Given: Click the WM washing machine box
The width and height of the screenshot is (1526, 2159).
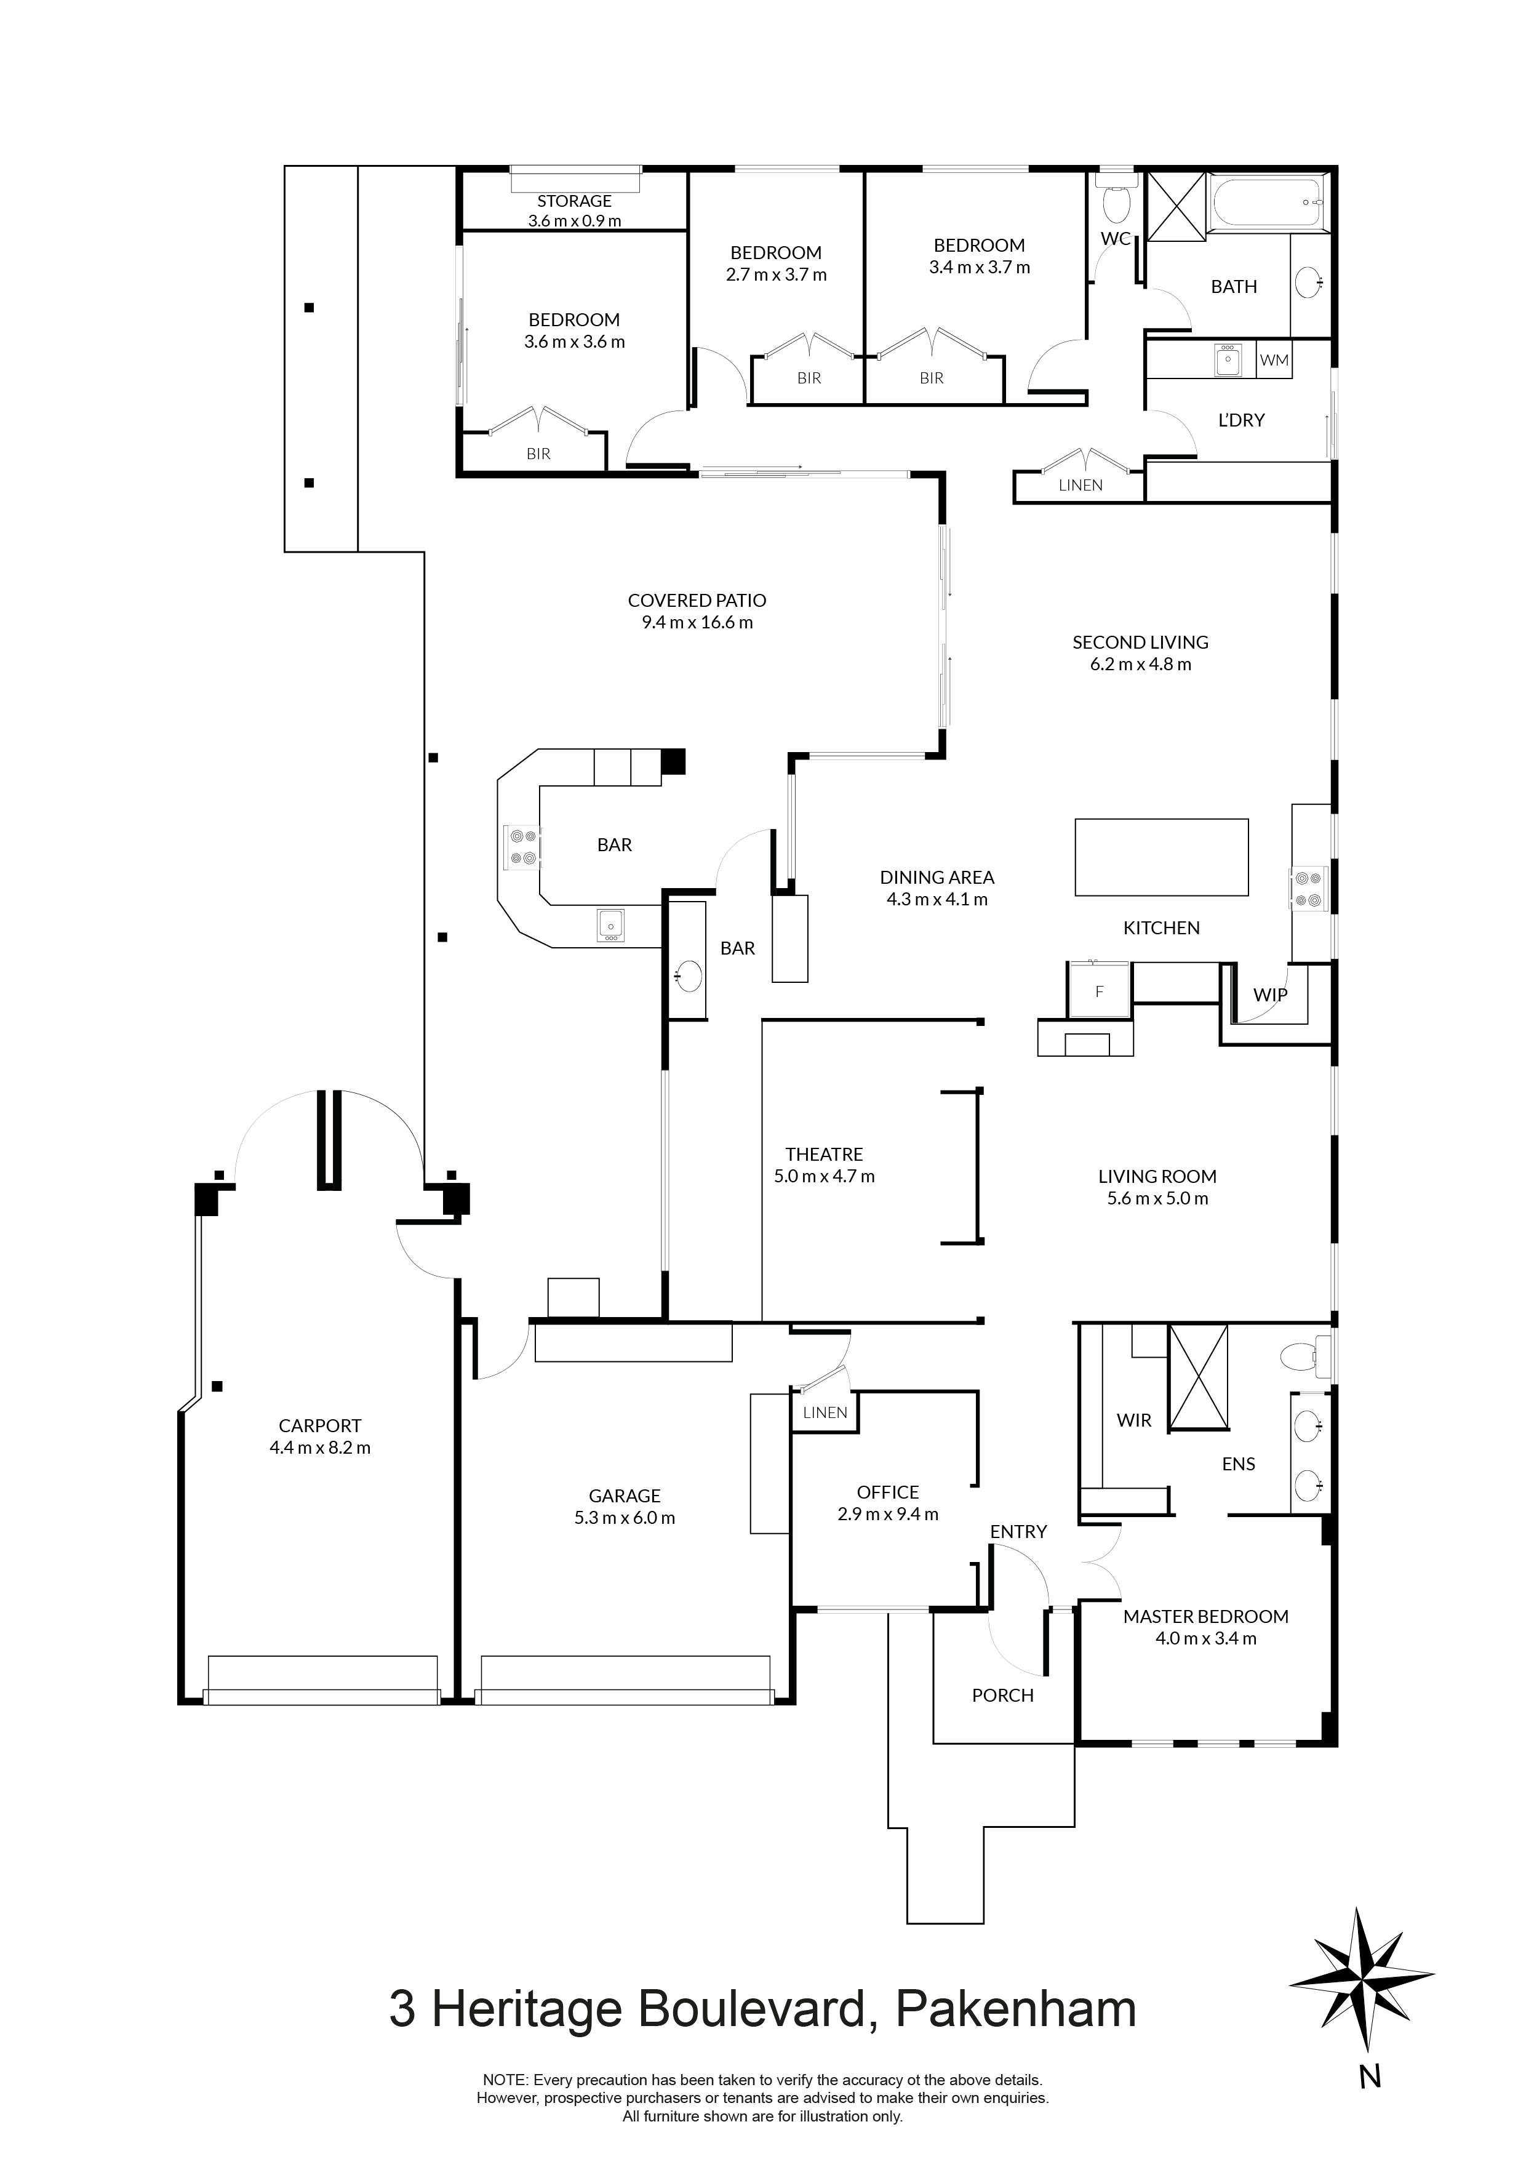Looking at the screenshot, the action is tap(1274, 360).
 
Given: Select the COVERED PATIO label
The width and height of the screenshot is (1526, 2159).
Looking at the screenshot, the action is tap(697, 600).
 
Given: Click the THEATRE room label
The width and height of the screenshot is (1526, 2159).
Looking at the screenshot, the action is tap(824, 1154).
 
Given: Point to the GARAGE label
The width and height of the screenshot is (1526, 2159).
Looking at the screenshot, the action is tap(625, 1495).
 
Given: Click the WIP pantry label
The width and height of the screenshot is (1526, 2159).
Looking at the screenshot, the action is tap(1270, 995).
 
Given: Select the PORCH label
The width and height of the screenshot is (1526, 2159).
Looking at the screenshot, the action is tap(1002, 1696).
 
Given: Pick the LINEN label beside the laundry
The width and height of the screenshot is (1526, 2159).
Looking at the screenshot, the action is tap(1081, 485).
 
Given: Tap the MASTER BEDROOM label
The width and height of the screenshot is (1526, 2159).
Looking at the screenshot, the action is tap(1205, 1616).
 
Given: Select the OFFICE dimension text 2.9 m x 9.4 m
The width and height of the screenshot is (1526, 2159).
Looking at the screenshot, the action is tap(887, 1514).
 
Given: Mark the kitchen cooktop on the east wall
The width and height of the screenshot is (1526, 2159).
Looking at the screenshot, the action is tap(1308, 889).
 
